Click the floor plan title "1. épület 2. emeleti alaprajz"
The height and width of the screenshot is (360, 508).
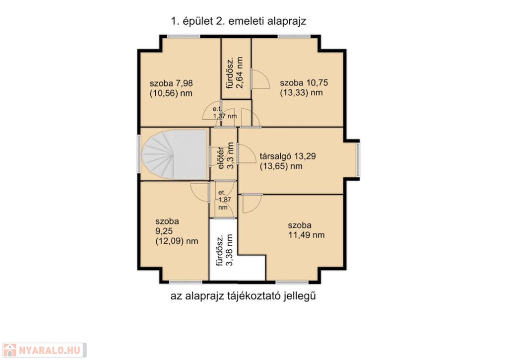[239, 21]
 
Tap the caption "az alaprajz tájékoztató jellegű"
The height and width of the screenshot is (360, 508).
[243, 296]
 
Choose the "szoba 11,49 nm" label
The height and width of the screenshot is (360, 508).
[306, 230]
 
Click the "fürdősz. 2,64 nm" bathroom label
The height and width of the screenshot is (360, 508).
[235, 72]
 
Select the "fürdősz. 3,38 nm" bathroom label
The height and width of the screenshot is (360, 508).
[225, 250]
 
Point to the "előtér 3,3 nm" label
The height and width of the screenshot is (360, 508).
[226, 156]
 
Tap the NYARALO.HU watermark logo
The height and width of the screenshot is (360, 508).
[44, 350]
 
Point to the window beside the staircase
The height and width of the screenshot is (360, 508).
[139, 154]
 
